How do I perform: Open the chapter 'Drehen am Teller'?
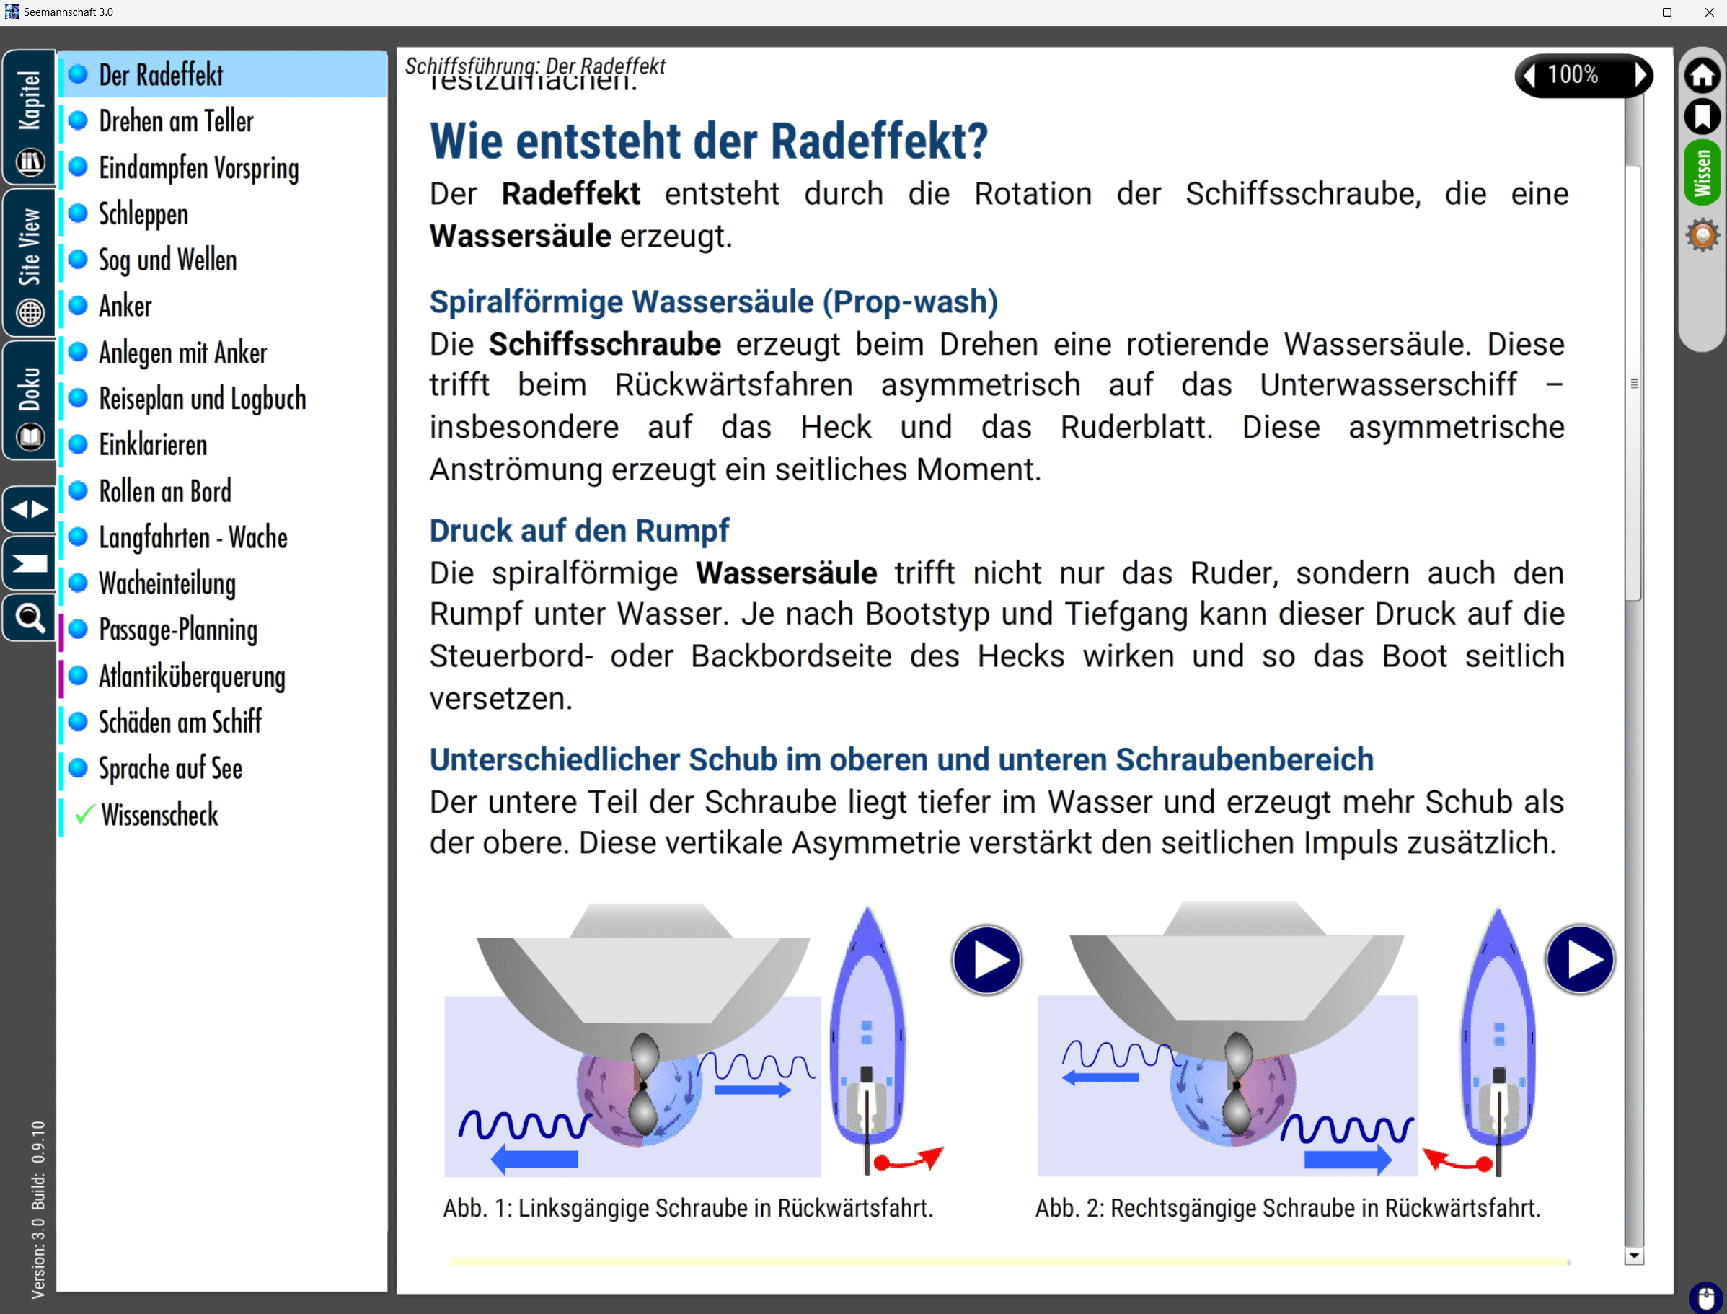[176, 121]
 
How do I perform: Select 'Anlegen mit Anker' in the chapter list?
[182, 353]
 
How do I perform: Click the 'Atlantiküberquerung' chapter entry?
[192, 676]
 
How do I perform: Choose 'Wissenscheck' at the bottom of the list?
[159, 815]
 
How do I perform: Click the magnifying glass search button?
[30, 619]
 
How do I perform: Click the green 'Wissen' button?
[1702, 173]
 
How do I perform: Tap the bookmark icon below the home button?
[1702, 117]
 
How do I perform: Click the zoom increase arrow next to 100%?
[1641, 75]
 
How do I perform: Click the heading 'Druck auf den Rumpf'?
[579, 531]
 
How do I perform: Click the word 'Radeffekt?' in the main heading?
[879, 141]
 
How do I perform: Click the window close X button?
[1709, 12]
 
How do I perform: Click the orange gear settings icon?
[1702, 235]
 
